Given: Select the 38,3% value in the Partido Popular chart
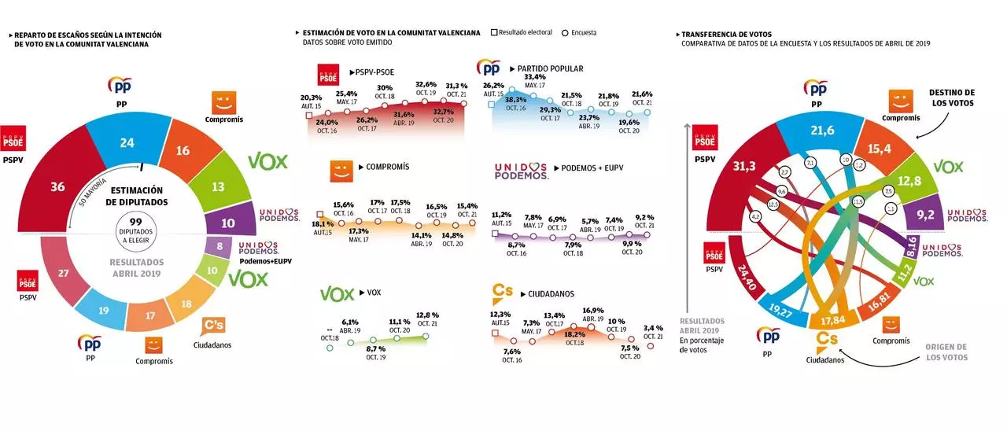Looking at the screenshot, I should [x=516, y=100].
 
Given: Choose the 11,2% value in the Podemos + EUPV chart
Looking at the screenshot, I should [x=502, y=214].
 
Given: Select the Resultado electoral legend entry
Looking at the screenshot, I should [x=524, y=32].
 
